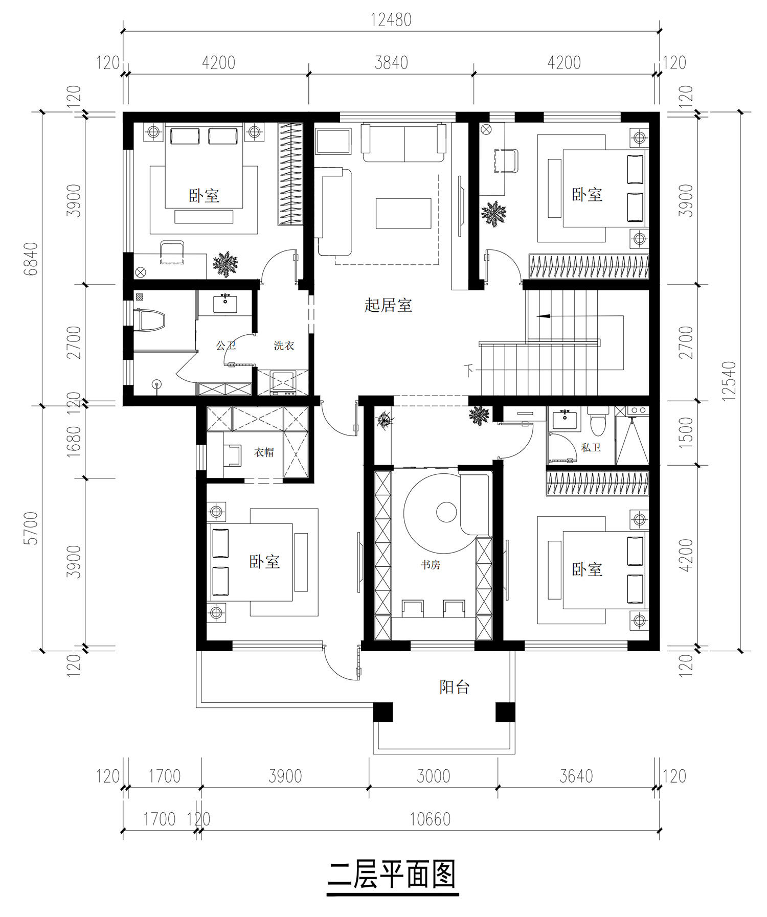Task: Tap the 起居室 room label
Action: click(x=388, y=306)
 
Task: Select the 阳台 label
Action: click(x=454, y=687)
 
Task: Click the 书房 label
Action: click(x=430, y=565)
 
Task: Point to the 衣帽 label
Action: click(x=264, y=452)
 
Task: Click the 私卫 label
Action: click(x=591, y=447)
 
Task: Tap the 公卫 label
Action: click(x=226, y=346)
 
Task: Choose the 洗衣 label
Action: click(x=284, y=346)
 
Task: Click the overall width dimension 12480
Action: click(x=391, y=20)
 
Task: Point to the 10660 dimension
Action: click(x=430, y=819)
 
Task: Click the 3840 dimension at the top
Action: click(x=391, y=62)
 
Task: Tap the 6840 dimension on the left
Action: click(x=31, y=259)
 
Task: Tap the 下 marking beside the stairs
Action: click(x=469, y=369)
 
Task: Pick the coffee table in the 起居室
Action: click(x=403, y=213)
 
